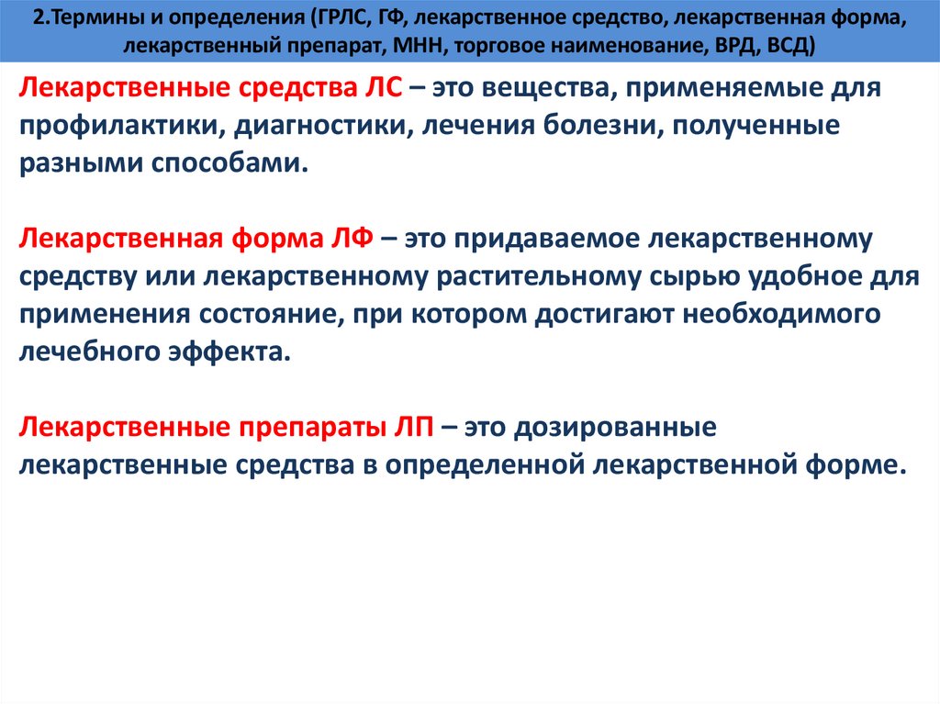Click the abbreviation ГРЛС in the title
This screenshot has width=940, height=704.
(338, 18)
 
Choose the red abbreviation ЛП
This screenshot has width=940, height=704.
(409, 428)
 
